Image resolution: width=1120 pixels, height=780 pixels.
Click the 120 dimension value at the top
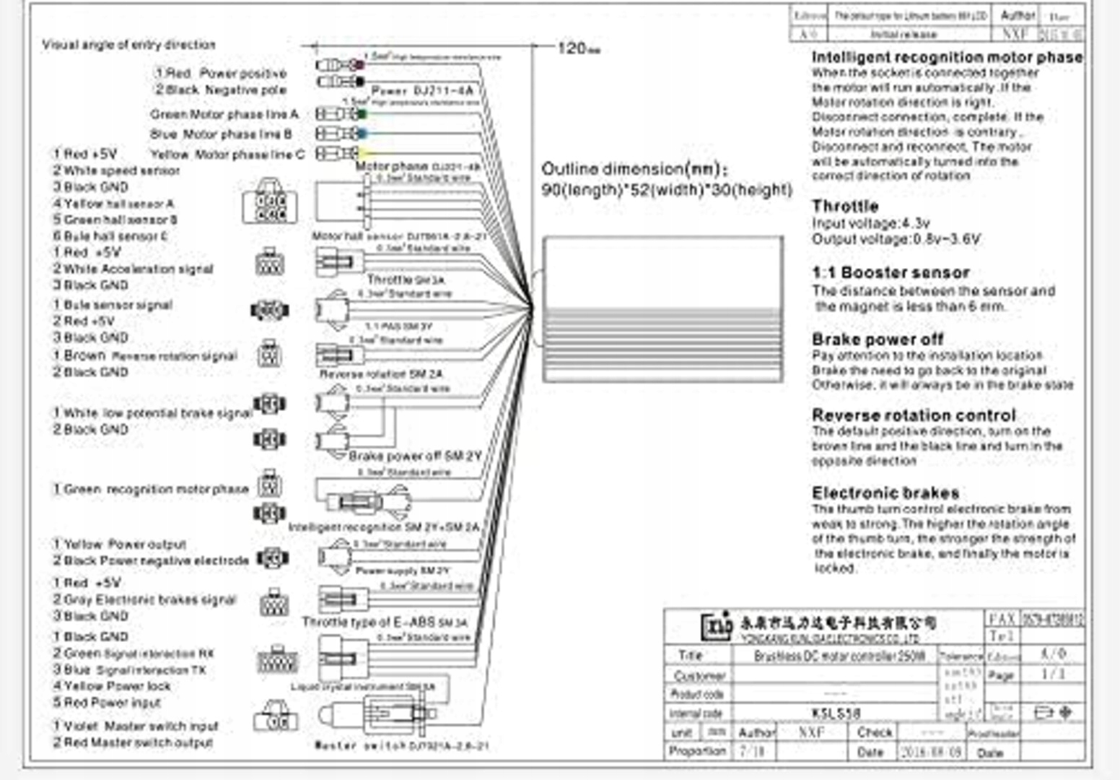tap(572, 48)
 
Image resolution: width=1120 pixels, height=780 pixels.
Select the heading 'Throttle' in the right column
tap(845, 206)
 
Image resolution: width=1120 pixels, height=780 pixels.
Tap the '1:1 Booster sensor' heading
tap(891, 272)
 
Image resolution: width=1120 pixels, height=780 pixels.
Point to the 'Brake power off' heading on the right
tap(878, 339)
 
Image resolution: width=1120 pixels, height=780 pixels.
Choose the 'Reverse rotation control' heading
tap(914, 415)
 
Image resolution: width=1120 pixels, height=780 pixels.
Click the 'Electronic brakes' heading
tap(885, 493)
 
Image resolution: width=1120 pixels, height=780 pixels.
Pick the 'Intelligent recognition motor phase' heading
tap(947, 57)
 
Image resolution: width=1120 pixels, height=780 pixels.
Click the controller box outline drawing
tap(662, 308)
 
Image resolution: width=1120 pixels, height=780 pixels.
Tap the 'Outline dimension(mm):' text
tap(634, 170)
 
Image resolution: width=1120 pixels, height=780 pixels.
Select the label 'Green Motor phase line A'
tap(224, 114)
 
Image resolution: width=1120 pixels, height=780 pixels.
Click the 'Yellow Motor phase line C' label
tap(227, 155)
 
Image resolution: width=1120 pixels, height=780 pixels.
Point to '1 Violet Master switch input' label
tap(135, 726)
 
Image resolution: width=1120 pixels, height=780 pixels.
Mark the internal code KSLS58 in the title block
tap(836, 713)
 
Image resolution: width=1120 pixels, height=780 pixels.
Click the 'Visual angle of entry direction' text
tap(128, 45)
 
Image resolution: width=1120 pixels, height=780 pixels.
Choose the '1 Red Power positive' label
tap(220, 73)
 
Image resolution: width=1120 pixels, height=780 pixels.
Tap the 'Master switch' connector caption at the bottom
tap(401, 745)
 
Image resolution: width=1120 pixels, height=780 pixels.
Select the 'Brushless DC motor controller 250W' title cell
tap(839, 656)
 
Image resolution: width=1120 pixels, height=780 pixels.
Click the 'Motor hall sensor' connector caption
tap(399, 236)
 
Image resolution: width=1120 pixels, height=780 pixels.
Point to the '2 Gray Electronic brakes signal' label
tap(144, 599)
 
